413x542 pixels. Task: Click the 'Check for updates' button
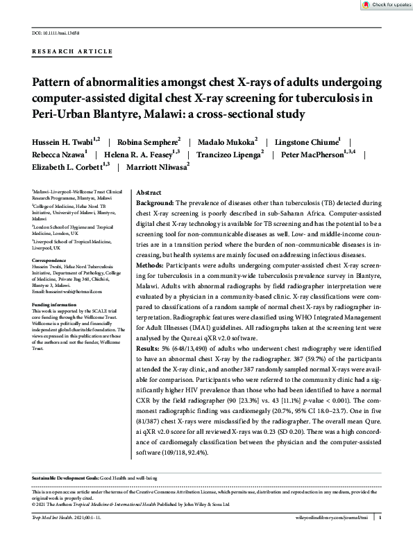(387, 5)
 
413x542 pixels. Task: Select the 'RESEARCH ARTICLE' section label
(71, 52)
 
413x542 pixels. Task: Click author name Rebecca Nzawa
(58, 154)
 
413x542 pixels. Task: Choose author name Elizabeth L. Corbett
(68, 167)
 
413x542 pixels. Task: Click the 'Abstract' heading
(149, 191)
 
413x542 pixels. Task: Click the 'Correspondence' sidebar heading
(51, 260)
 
